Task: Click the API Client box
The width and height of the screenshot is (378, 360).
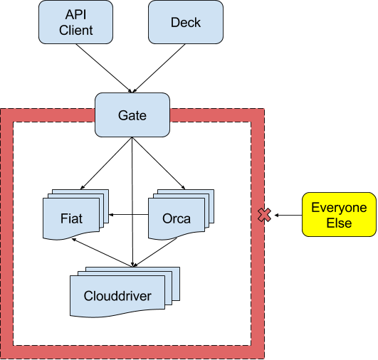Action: (75, 22)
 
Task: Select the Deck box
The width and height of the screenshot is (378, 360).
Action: (185, 22)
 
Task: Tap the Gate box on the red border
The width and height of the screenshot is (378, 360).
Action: (132, 115)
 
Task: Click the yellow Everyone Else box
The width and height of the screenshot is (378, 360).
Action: (339, 215)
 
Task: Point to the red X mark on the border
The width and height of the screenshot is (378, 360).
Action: (264, 214)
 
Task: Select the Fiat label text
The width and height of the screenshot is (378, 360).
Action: (71, 218)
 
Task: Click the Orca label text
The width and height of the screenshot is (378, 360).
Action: (176, 218)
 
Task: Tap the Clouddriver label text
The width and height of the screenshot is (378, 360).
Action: (117, 296)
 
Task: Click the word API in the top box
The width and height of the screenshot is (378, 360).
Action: (75, 15)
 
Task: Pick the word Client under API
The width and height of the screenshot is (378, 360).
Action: (75, 31)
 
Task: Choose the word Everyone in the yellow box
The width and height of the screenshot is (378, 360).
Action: (339, 208)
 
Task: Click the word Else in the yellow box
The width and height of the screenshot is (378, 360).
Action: (339, 223)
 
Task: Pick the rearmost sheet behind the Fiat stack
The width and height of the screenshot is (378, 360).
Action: (103, 194)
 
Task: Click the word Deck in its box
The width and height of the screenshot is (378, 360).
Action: (185, 22)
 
